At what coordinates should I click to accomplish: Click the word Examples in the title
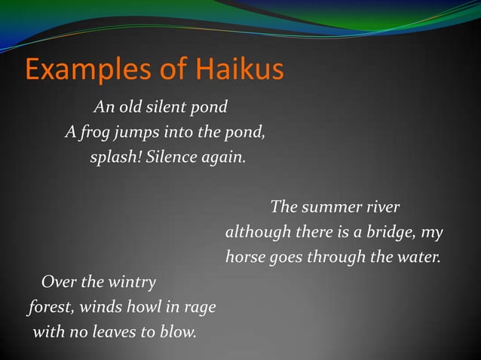[x=81, y=71]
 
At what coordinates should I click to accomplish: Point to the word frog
[x=93, y=134]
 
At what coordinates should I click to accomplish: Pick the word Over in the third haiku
[x=57, y=282]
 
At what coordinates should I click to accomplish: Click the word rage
[x=200, y=309]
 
